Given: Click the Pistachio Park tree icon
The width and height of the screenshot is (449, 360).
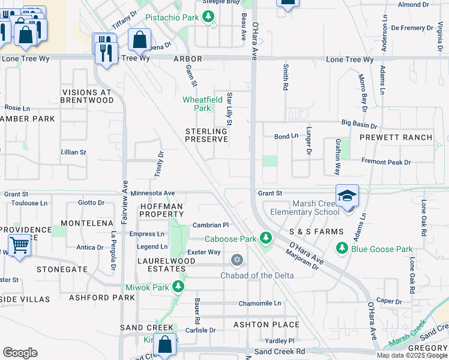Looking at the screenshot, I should point(209,18).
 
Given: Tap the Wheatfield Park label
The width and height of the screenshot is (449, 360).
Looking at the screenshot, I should point(203,104).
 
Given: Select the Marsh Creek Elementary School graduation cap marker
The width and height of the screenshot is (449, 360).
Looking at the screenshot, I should point(347,196).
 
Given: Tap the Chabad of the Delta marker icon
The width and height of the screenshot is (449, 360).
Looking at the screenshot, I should point(237,260).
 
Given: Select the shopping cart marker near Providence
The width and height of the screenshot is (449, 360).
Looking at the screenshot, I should point(19,245).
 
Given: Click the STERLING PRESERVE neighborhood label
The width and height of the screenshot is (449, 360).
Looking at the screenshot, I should point(206,135).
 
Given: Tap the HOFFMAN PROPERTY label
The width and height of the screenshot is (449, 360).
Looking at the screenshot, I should point(161,210).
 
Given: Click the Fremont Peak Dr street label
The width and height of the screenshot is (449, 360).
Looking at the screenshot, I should point(386,162).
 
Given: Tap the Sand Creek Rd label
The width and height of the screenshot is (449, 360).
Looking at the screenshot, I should point(280,351).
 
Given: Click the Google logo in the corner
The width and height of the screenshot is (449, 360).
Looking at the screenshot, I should point(20,353).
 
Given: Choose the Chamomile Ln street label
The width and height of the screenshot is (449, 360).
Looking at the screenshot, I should point(260,304).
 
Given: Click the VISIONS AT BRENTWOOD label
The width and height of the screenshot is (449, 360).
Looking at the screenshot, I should point(88,97).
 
